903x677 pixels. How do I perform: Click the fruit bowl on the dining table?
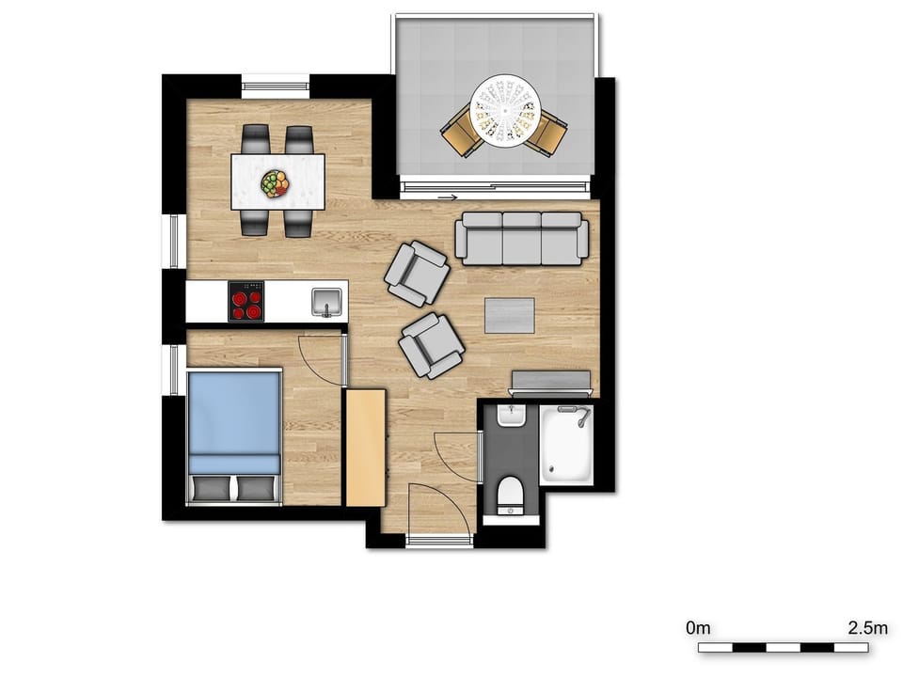click(275, 183)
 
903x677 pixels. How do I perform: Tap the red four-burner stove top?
click(247, 302)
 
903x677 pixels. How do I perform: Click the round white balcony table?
click(506, 111)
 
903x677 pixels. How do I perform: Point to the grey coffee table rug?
click(509, 316)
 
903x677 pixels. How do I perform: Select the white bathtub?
click(566, 444)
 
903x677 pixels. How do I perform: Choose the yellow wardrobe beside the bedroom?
click(366, 448)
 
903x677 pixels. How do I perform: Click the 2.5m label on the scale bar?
click(866, 627)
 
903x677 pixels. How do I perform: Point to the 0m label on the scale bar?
click(698, 627)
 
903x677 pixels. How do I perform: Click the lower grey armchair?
click(432, 345)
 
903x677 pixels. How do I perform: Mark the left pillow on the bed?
click(210, 488)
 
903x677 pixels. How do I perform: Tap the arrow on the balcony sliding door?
click(449, 197)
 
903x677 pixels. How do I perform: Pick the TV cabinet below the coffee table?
click(550, 382)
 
